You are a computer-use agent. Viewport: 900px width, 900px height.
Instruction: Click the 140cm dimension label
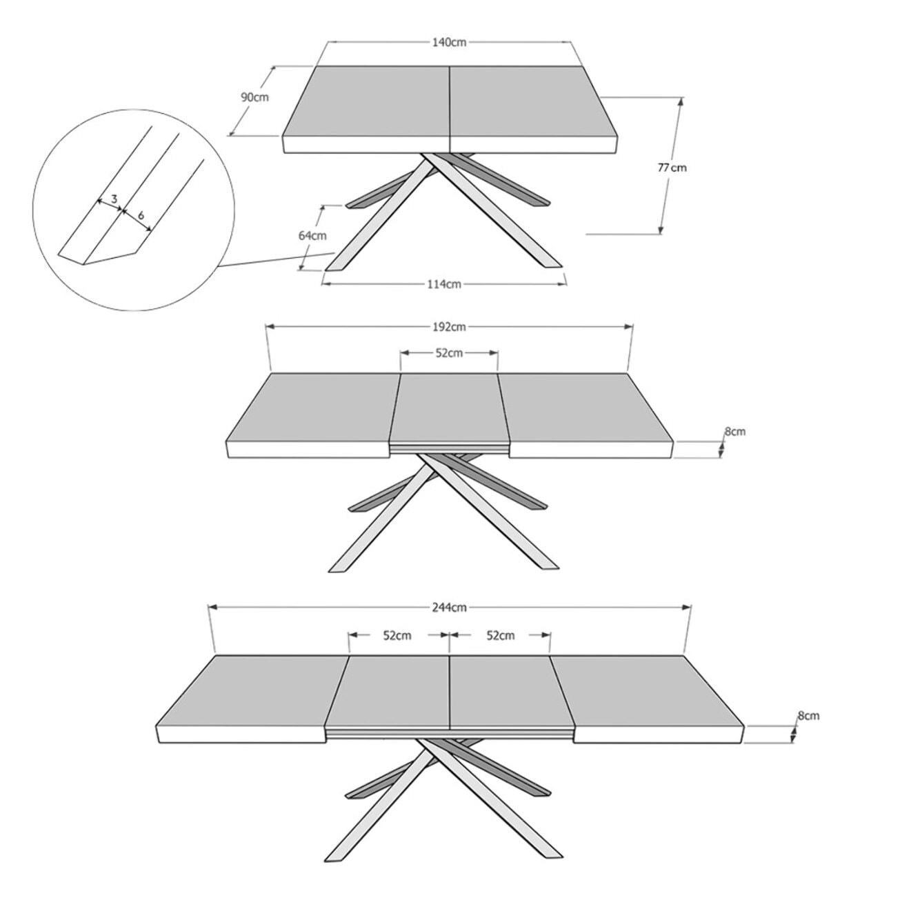point(449,42)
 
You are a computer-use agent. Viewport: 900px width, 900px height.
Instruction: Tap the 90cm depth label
point(254,97)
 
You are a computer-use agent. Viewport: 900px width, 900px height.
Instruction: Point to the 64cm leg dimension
point(312,235)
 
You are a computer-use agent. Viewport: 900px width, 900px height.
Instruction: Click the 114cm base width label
point(443,283)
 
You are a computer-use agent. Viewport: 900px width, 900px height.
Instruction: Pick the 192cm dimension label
point(449,326)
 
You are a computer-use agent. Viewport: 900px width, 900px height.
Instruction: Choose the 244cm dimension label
point(449,608)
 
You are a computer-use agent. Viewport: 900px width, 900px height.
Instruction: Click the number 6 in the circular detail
point(141,215)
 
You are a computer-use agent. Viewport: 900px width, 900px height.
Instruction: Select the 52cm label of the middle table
point(449,353)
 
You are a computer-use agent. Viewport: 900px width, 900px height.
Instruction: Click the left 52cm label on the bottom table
point(397,635)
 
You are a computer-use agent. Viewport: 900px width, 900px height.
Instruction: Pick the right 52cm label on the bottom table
point(501,635)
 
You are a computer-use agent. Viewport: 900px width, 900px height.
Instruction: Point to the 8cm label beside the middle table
point(734,432)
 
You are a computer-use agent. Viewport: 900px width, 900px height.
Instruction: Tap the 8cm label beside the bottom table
point(809,716)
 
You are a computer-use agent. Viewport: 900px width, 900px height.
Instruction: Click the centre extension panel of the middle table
point(448,407)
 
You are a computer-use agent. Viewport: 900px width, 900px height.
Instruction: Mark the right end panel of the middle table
point(583,407)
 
